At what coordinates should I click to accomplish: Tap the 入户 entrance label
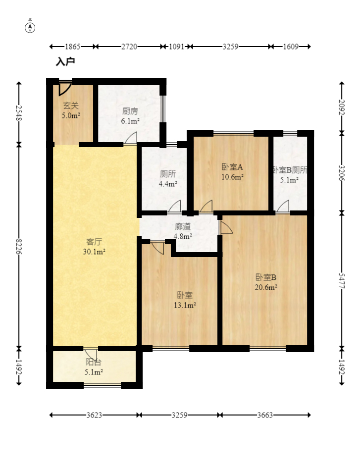tap(65, 61)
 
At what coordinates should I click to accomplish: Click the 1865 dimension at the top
tap(73, 47)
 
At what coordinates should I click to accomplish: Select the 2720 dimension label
tap(129, 47)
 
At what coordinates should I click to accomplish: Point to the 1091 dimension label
tap(177, 47)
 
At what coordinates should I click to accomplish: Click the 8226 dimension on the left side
tap(19, 246)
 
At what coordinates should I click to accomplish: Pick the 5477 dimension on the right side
tap(342, 281)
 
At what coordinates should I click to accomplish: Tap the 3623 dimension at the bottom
tap(95, 415)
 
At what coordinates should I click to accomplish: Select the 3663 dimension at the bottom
tap(265, 415)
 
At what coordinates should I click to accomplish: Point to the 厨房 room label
tap(130, 111)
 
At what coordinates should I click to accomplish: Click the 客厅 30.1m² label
tap(94, 247)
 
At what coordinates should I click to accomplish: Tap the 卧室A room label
tap(232, 167)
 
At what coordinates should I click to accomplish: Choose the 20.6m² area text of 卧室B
tap(266, 287)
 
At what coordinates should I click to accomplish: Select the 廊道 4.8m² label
tap(183, 231)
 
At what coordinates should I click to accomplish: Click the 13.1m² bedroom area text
tap(185, 305)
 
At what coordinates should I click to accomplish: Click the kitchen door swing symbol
tap(131, 139)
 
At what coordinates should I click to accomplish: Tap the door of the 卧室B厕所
tap(283, 207)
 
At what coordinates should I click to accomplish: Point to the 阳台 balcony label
tap(93, 362)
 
